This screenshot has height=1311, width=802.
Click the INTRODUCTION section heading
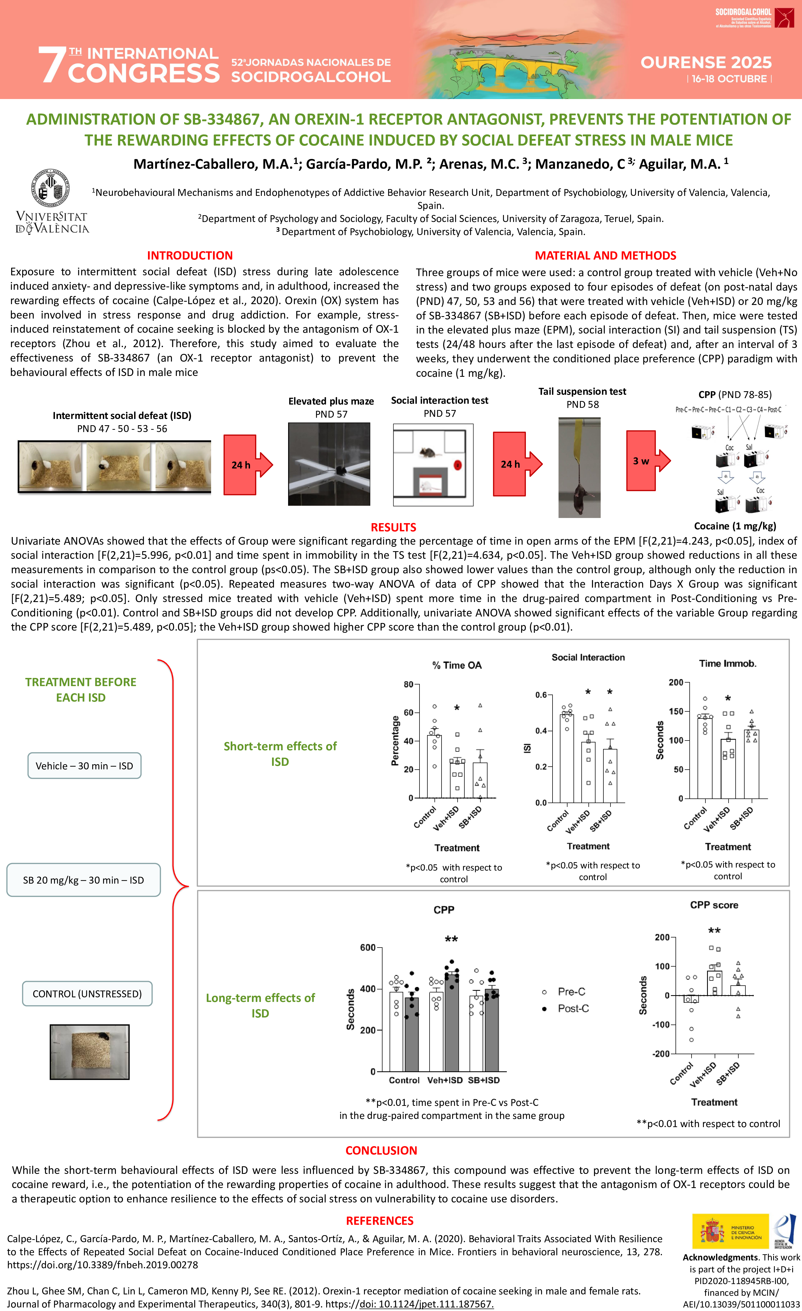coord(190,255)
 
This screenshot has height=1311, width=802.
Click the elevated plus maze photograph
coord(329,464)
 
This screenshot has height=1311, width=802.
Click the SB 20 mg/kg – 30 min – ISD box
coord(84,880)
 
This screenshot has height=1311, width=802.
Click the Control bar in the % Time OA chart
coord(434,766)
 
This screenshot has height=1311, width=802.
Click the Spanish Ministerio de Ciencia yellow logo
coord(730,1231)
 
